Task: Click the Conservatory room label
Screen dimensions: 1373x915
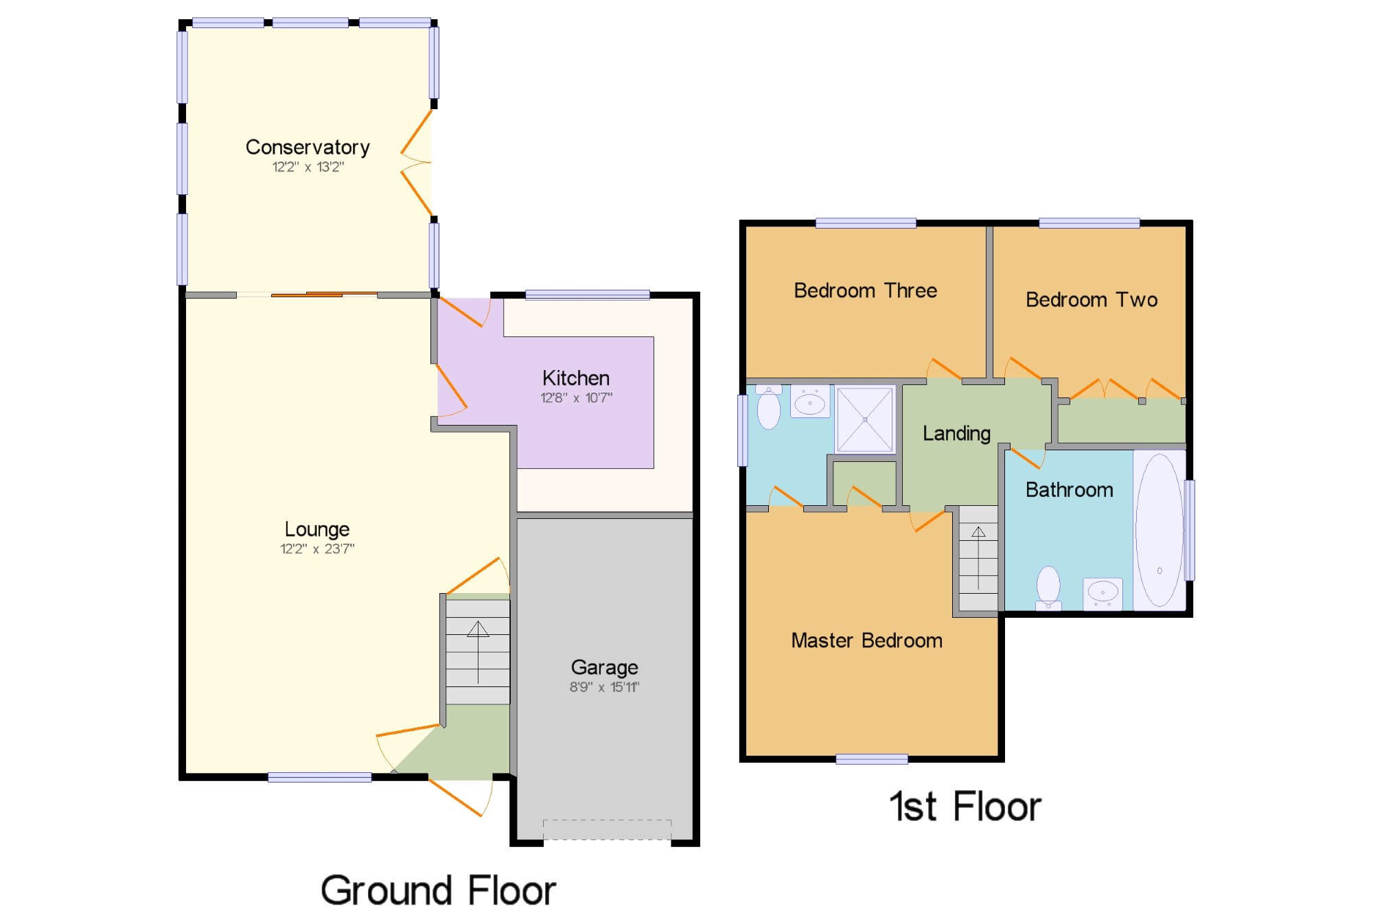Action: tap(308, 148)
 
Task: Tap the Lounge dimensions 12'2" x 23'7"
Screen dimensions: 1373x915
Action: tap(317, 548)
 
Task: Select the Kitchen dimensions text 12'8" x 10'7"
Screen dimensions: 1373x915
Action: tap(576, 397)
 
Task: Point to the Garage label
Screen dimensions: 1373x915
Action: tap(604, 667)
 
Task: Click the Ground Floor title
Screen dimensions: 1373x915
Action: tap(438, 890)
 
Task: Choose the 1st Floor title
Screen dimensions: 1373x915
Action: tap(965, 806)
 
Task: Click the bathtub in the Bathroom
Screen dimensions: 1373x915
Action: tap(1159, 530)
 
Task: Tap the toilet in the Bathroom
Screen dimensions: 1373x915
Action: tap(1048, 588)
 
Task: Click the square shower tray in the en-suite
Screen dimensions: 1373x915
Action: tap(865, 419)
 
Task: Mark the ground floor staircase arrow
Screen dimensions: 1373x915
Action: tap(478, 652)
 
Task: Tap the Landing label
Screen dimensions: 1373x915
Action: tap(956, 434)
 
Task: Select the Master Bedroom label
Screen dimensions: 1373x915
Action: tap(866, 640)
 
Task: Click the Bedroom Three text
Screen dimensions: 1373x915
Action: tap(865, 290)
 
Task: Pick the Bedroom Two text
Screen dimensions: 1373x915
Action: tap(1092, 299)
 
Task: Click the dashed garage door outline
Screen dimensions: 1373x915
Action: tap(607, 829)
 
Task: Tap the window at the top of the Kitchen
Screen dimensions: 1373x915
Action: tap(588, 295)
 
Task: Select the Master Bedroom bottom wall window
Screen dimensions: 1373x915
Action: tap(872, 758)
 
